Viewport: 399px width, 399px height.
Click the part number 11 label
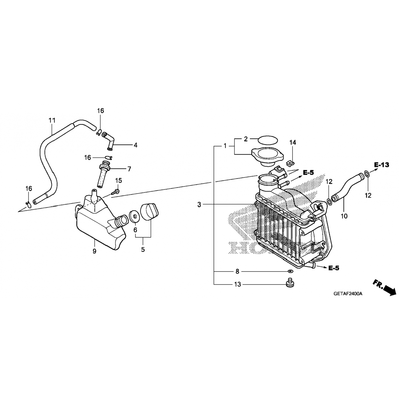pos(52,120)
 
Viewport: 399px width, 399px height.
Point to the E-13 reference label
pos(381,165)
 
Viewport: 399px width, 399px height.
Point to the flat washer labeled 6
pos(134,216)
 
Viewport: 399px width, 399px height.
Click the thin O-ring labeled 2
pos(268,139)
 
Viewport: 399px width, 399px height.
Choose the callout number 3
pos(199,205)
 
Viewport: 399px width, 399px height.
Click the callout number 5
pos(143,250)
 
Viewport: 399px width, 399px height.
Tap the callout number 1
pos(225,146)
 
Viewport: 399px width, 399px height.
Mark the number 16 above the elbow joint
pos(100,111)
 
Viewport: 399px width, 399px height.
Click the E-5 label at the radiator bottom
pos(334,268)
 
